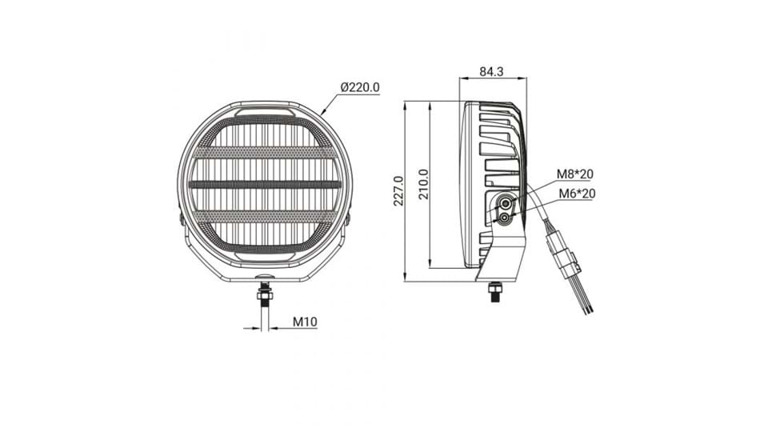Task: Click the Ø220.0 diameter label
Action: point(360,87)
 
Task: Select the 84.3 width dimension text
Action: point(491,71)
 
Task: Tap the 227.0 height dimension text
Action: point(398,191)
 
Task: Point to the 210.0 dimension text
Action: point(424,184)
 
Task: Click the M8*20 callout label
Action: point(574,174)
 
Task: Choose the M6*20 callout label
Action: point(577,194)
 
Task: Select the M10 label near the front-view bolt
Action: point(305,322)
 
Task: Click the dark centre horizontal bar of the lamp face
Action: point(265,185)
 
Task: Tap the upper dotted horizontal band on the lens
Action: point(265,152)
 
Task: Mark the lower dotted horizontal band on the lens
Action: point(265,217)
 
